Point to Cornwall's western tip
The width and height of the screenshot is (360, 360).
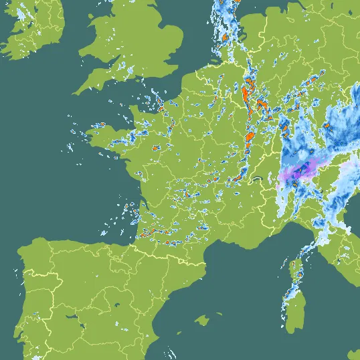tap(75, 92)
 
